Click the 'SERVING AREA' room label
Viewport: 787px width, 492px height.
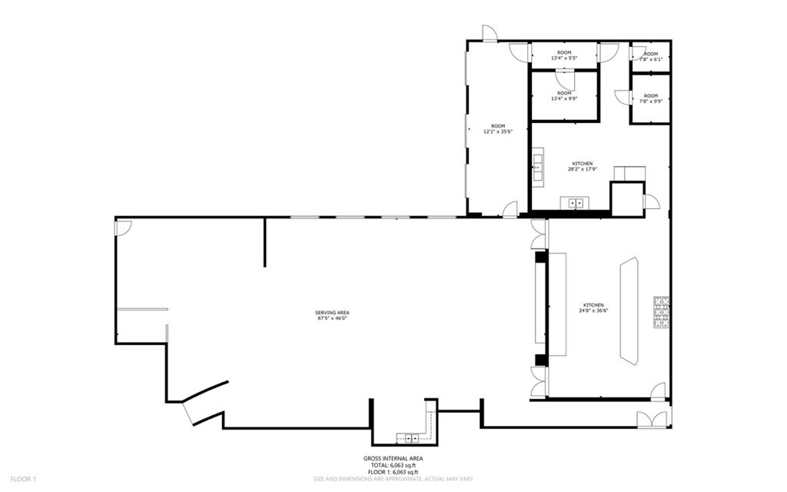332,313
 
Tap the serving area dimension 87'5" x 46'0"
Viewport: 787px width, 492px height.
332,318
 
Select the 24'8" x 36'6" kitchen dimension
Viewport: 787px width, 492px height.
593,311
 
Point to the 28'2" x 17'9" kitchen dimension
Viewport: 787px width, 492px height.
583,169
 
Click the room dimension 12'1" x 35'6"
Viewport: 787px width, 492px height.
498,131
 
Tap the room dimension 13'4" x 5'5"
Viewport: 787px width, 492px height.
564,58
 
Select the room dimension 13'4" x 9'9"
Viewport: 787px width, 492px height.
564,98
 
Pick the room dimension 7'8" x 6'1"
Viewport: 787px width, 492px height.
651,59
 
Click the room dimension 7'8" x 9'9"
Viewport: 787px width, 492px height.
651,101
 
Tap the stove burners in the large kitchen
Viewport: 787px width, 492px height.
662,312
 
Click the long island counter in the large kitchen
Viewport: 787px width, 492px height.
629,311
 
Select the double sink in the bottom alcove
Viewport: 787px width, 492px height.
412,438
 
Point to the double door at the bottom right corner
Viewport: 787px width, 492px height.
653,419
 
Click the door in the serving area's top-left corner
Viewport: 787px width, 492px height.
124,228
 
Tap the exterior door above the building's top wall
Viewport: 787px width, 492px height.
490,32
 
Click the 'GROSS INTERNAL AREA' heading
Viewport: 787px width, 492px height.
393,458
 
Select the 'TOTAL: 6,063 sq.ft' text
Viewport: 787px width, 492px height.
393,465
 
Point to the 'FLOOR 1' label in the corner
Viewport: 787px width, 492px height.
24,480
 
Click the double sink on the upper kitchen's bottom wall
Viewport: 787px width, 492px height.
575,203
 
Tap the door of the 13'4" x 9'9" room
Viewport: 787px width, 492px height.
565,80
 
